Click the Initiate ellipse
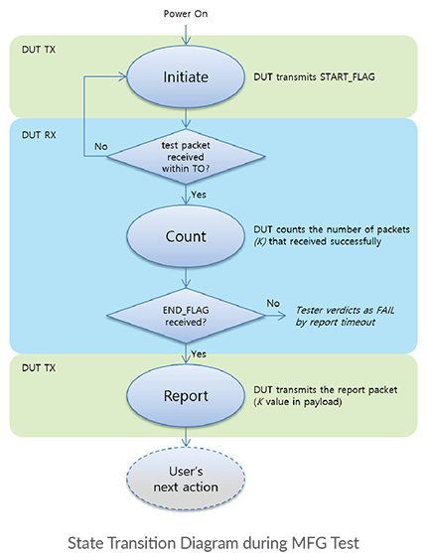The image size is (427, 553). (186, 76)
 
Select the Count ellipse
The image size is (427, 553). (186, 236)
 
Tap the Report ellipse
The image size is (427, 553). (186, 396)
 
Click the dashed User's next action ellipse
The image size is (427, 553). (186, 479)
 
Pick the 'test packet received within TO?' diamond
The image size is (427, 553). (186, 157)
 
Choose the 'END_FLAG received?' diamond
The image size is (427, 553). (186, 316)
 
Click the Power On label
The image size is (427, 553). (186, 14)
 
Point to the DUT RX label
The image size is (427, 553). (39, 135)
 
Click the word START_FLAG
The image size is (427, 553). (348, 77)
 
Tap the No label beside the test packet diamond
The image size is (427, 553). (101, 146)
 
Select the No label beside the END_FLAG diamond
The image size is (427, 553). (273, 303)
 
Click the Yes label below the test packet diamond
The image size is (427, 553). (199, 195)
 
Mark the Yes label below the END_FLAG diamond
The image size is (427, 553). (199, 353)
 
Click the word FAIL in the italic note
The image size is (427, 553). (385, 310)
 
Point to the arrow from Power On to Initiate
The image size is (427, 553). (186, 33)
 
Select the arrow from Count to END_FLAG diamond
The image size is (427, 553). (186, 278)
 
